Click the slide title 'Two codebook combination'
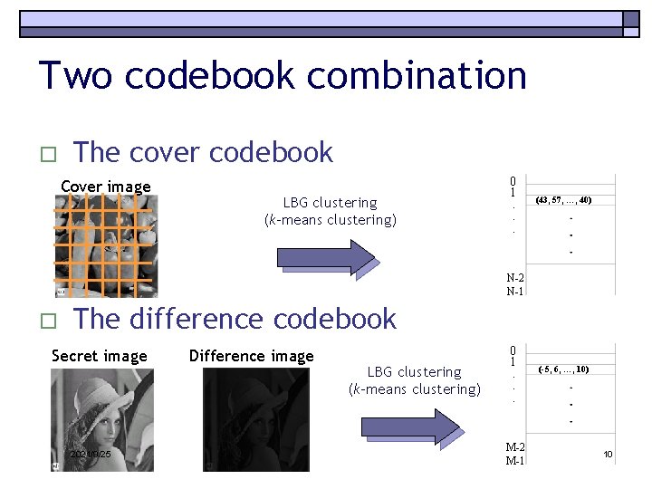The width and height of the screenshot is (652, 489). click(283, 75)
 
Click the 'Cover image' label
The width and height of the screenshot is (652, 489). click(106, 187)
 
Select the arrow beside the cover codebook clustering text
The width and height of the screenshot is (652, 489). click(323, 257)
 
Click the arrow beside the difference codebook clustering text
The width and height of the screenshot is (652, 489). click(409, 427)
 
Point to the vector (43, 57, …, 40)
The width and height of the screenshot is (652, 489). click(562, 200)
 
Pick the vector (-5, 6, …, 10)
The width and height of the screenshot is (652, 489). click(563, 369)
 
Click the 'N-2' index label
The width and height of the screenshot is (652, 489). click(515, 278)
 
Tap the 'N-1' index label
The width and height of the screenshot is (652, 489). click(515, 291)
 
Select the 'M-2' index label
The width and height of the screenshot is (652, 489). click(515, 447)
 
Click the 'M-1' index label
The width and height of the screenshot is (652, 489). click(515, 460)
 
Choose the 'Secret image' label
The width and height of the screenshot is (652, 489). click(100, 356)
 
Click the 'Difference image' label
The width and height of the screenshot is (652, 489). click(251, 356)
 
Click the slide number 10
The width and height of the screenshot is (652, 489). click(608, 454)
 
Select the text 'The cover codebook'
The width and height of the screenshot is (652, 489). click(203, 152)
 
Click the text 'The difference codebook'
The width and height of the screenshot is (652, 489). click(235, 319)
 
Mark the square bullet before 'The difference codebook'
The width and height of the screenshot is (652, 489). click(47, 321)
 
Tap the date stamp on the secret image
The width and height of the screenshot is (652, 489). click(90, 453)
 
